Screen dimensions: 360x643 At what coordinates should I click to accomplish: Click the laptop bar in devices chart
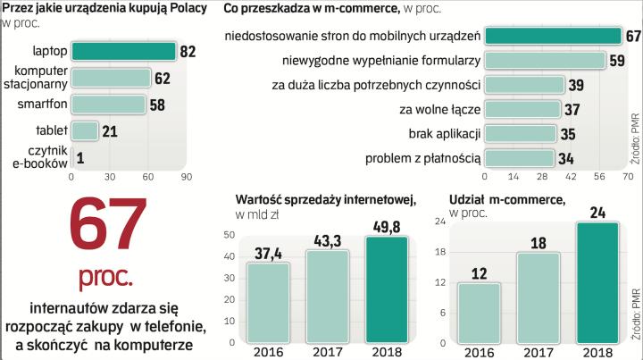tap(123, 51)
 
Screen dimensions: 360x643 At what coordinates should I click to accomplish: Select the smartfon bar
tap(108, 105)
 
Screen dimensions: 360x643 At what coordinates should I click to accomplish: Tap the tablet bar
tap(85, 131)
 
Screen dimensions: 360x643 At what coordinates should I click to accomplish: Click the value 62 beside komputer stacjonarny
tap(162, 79)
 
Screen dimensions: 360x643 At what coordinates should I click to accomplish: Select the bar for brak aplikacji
tap(523, 134)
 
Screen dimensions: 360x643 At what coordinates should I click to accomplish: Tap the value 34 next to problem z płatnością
tap(569, 158)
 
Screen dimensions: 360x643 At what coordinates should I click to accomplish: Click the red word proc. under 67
tap(104, 272)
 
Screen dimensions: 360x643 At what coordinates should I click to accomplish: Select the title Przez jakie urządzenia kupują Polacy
tap(105, 8)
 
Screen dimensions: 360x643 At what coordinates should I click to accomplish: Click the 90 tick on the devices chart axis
tap(187, 176)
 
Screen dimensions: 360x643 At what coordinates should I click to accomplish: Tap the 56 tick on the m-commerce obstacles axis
tap(597, 176)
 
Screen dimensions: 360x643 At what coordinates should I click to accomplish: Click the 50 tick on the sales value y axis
tap(230, 235)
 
